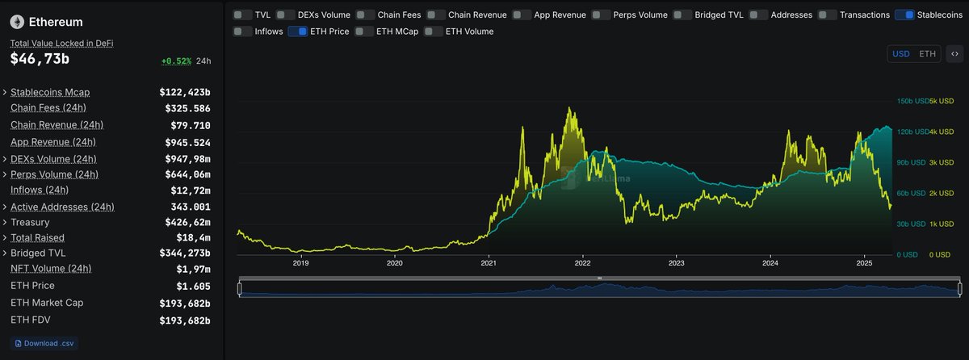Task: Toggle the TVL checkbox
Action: [241, 15]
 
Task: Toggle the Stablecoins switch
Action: [904, 15]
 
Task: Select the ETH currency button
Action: [928, 54]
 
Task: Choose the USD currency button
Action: [900, 54]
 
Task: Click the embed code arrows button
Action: [954, 54]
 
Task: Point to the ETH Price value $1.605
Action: [193, 286]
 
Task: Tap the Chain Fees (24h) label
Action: [48, 108]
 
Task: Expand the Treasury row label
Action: [30, 222]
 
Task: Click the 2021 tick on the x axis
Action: [489, 263]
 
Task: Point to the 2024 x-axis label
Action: [770, 263]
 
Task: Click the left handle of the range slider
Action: [240, 288]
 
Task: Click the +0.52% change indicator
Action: [176, 61]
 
